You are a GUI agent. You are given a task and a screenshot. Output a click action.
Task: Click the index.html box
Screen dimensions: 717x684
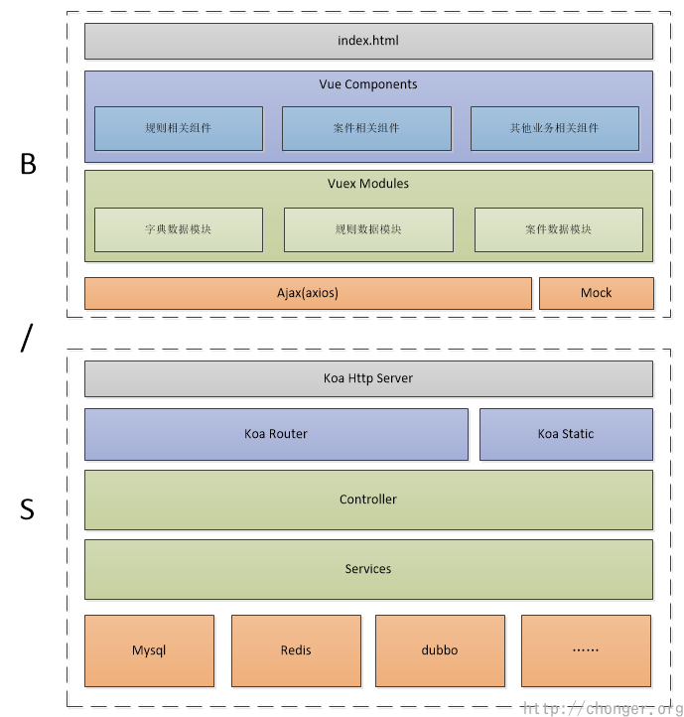[368, 42]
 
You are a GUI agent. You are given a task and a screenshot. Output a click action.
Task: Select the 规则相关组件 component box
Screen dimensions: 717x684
[179, 128]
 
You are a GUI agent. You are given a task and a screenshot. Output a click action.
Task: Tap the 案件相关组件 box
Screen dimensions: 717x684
[366, 128]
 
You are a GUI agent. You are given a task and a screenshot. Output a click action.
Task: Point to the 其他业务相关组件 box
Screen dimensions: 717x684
[554, 128]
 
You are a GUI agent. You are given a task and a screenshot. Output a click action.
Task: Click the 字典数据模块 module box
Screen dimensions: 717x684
[179, 229]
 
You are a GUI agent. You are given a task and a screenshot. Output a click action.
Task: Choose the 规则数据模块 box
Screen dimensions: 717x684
[368, 229]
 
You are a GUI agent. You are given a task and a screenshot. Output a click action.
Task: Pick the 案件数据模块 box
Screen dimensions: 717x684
[558, 229]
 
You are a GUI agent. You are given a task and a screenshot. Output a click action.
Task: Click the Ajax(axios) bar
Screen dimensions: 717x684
[308, 293]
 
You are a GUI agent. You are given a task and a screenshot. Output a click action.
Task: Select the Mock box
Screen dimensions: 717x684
[597, 293]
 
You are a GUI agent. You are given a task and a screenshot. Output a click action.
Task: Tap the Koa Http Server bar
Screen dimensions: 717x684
[368, 378]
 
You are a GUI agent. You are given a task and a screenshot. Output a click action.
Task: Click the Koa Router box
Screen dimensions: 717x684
[276, 434]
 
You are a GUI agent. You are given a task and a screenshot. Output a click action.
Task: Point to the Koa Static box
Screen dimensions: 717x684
[566, 434]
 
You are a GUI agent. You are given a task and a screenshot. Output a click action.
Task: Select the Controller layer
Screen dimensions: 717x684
[368, 500]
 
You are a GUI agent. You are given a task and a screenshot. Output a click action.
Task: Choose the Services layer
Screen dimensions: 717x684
[368, 569]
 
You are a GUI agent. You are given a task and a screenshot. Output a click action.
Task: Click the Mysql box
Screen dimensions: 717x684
[149, 650]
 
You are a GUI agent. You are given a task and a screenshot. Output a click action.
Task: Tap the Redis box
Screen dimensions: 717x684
[296, 650]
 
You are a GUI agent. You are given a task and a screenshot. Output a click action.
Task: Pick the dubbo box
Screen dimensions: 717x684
[440, 650]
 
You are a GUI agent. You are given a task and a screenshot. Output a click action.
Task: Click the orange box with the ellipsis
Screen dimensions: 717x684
[586, 650]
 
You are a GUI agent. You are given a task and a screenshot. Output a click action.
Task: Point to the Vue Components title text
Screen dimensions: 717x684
[368, 84]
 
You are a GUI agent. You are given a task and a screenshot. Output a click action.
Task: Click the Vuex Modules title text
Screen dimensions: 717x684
[368, 184]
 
